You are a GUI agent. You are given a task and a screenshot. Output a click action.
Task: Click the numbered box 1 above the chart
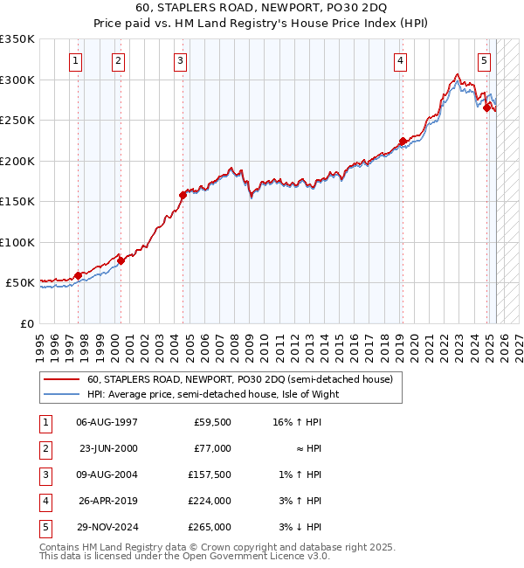(x=77, y=60)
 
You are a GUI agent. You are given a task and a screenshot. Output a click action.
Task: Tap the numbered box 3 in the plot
(x=180, y=60)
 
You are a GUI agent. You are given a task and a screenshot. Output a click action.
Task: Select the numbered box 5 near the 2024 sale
(x=484, y=60)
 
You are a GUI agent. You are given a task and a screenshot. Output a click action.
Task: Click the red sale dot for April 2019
(x=403, y=142)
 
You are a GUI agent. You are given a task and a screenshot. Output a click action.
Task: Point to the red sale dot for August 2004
(x=183, y=195)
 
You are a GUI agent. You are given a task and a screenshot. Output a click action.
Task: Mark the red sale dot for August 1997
(x=78, y=275)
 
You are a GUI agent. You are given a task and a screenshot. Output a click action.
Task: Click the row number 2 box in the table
(x=45, y=448)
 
